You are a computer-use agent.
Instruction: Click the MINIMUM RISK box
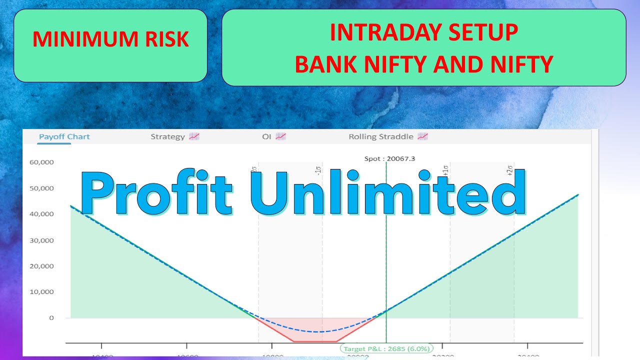[x=110, y=45]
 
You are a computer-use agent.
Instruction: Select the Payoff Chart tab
[x=64, y=136]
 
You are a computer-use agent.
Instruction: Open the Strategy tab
[x=168, y=136]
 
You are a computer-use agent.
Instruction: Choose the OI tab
[x=266, y=136]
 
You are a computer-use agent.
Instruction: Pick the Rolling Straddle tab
[x=381, y=136]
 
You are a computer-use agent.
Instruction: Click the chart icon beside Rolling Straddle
[x=423, y=136]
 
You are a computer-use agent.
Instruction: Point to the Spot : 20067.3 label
[x=390, y=159]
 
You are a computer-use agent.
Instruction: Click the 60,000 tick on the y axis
[x=41, y=162]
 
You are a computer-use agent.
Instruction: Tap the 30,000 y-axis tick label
[x=41, y=240]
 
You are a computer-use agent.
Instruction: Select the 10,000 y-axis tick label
[x=41, y=292]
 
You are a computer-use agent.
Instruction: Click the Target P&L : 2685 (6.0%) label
[x=386, y=348]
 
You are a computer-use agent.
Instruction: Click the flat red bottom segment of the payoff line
[x=315, y=341]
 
